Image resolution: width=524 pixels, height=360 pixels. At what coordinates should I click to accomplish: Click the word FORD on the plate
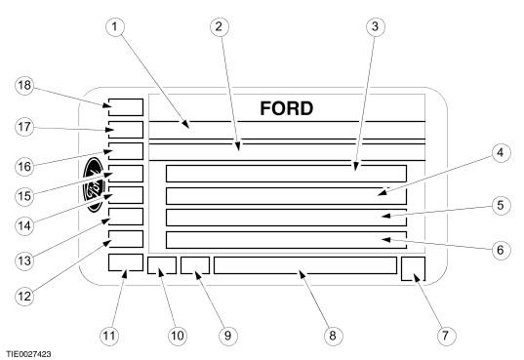coord(287,108)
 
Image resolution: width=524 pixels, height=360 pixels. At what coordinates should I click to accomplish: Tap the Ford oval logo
coord(95,184)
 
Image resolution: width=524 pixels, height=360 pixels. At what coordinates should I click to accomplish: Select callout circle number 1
coord(115,26)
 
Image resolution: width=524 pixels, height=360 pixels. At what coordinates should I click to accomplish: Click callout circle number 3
coord(375,26)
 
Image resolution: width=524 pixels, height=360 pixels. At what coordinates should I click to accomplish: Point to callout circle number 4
coord(500,153)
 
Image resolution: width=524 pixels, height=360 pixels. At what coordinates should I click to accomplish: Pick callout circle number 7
coord(446,335)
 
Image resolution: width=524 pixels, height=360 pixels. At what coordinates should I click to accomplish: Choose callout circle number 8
coord(333,335)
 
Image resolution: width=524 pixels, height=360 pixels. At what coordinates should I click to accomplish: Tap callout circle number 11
coord(109,335)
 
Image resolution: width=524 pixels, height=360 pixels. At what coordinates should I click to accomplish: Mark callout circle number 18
coord(24,86)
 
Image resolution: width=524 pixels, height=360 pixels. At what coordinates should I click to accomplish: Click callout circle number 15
coord(24,196)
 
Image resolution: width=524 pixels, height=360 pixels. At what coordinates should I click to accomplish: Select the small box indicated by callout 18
coord(126,107)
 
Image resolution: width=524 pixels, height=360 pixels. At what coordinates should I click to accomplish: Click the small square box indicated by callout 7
coord(413,268)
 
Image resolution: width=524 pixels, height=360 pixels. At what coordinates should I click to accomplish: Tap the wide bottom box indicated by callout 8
coord(305,265)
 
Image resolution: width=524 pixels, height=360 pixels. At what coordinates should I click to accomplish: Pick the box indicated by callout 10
coord(162,265)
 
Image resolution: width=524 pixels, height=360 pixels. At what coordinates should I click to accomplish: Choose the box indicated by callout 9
coord(195,265)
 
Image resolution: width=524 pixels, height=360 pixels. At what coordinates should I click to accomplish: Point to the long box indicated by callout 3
coord(287,174)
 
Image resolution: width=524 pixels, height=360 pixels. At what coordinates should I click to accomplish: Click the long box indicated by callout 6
coord(287,240)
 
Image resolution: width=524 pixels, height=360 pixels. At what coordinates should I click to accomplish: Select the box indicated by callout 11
coord(126,262)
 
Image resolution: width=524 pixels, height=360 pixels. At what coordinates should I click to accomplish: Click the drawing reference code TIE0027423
coord(28,354)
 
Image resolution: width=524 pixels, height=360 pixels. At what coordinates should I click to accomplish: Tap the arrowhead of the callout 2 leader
coord(237,146)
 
